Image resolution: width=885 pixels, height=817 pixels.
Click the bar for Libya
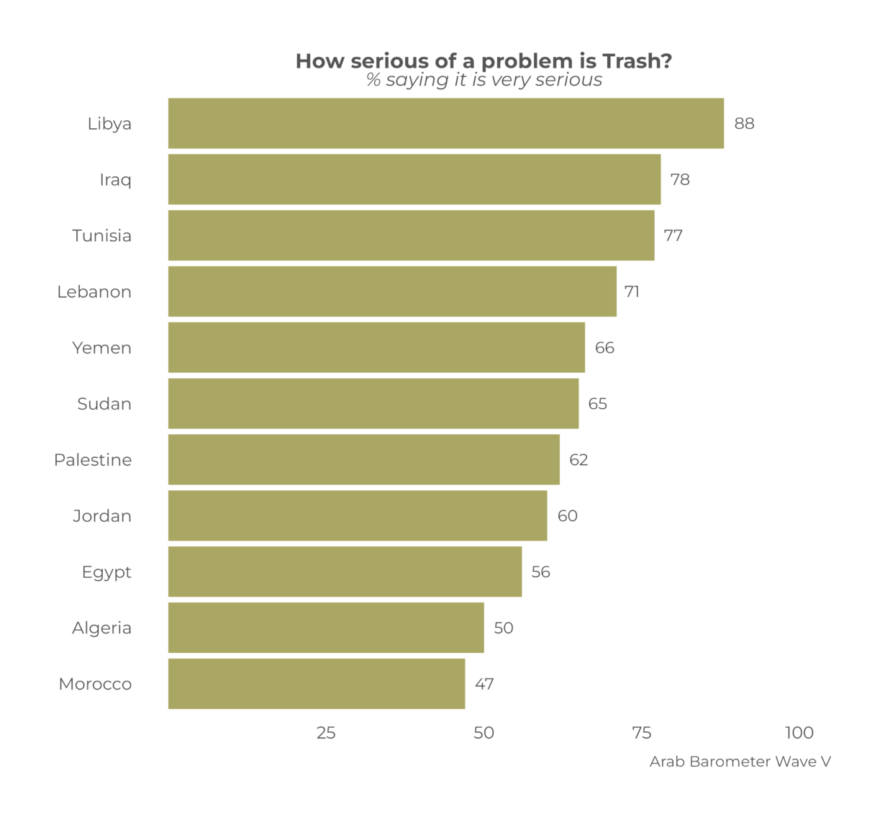pyautogui.click(x=446, y=123)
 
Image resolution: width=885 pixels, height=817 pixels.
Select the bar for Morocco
pyautogui.click(x=317, y=684)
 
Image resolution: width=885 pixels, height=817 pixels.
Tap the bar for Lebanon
pyautogui.click(x=392, y=292)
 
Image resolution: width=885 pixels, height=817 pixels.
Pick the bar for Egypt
pyautogui.click(x=345, y=572)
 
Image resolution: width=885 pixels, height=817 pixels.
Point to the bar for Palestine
pyautogui.click(x=364, y=459)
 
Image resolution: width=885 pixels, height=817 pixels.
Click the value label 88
pyautogui.click(x=744, y=124)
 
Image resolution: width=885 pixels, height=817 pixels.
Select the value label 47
pyautogui.click(x=484, y=684)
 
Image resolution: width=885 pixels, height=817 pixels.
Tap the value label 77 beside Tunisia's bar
pyautogui.click(x=673, y=236)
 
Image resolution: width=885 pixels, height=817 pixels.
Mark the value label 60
pyautogui.click(x=567, y=516)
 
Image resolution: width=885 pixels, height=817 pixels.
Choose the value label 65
pyautogui.click(x=597, y=404)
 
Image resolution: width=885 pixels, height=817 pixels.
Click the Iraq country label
pyautogui.click(x=115, y=180)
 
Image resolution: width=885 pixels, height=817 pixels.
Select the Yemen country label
pyautogui.click(x=101, y=348)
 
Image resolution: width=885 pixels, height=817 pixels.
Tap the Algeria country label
pyautogui.click(x=101, y=628)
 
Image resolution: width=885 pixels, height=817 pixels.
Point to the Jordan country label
pyautogui.click(x=101, y=516)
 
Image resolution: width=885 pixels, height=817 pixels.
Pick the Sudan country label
pyautogui.click(x=104, y=404)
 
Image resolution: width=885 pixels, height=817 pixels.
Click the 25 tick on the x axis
pyautogui.click(x=326, y=733)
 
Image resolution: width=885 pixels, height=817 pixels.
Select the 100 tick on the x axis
pyautogui.click(x=799, y=733)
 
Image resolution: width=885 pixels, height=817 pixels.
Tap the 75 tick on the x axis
pyautogui.click(x=641, y=733)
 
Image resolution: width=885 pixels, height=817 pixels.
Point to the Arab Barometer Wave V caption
pyautogui.click(x=740, y=762)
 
